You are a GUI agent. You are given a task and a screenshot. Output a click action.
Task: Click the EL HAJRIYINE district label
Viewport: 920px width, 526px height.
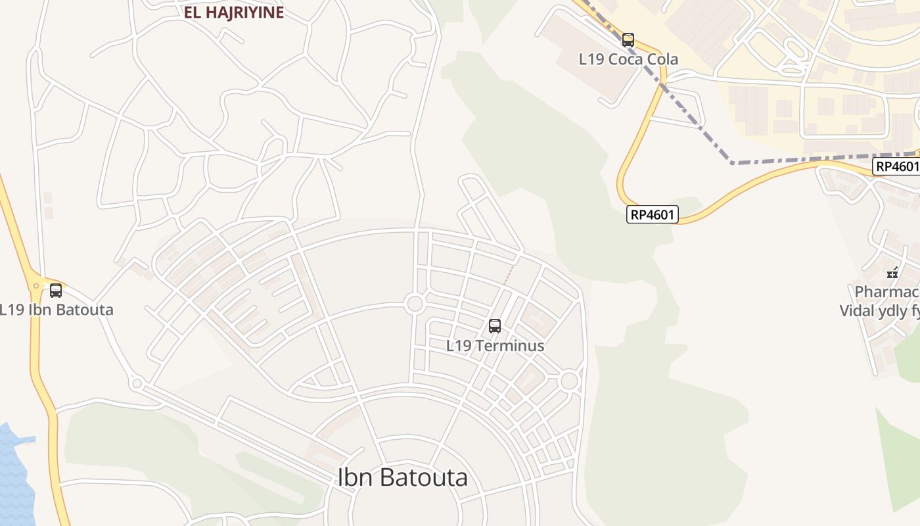pos(234,12)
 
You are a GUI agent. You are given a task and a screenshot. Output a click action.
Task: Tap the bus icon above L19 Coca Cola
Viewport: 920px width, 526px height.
pos(628,40)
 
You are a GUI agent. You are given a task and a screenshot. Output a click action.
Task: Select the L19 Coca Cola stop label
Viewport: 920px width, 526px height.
pos(628,59)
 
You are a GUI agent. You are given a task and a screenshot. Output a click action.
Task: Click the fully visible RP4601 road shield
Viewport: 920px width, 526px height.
pos(653,214)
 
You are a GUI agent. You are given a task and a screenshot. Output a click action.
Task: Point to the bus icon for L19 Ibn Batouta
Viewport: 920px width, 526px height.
pos(56,290)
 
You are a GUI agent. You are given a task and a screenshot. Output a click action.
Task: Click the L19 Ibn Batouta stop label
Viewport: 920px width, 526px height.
pos(57,310)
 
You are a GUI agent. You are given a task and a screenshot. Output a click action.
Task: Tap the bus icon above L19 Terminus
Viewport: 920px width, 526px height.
pos(495,325)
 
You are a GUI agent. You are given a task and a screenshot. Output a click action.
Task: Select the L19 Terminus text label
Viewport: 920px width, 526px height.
pos(495,345)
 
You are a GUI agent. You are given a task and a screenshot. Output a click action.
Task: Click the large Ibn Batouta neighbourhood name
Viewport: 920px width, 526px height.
pos(402,477)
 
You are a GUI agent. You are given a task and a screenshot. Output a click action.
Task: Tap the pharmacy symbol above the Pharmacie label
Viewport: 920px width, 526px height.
pos(892,273)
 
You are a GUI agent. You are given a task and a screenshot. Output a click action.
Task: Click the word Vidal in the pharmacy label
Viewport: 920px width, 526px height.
pos(858,310)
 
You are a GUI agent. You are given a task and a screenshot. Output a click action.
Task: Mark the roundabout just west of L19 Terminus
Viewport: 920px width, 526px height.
pos(415,304)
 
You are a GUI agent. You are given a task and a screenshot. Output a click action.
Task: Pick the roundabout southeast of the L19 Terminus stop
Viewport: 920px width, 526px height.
pos(569,381)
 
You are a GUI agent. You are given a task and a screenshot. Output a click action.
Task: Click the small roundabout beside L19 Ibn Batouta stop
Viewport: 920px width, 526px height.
pos(35,286)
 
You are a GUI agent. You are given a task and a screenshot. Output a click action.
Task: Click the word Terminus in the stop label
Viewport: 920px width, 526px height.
pos(513,345)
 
